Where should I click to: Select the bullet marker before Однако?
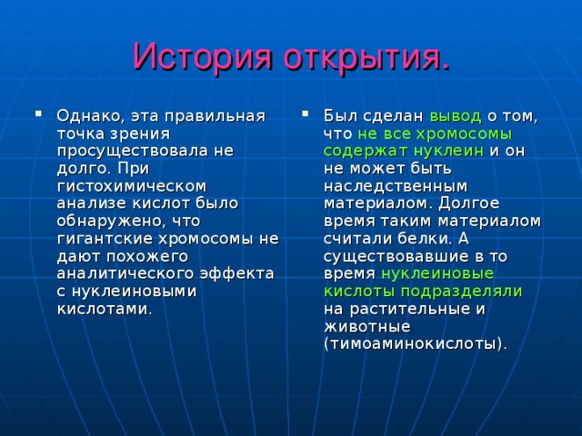tap(38, 114)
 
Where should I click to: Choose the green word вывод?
tap(456, 115)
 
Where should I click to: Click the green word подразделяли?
tap(470, 290)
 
